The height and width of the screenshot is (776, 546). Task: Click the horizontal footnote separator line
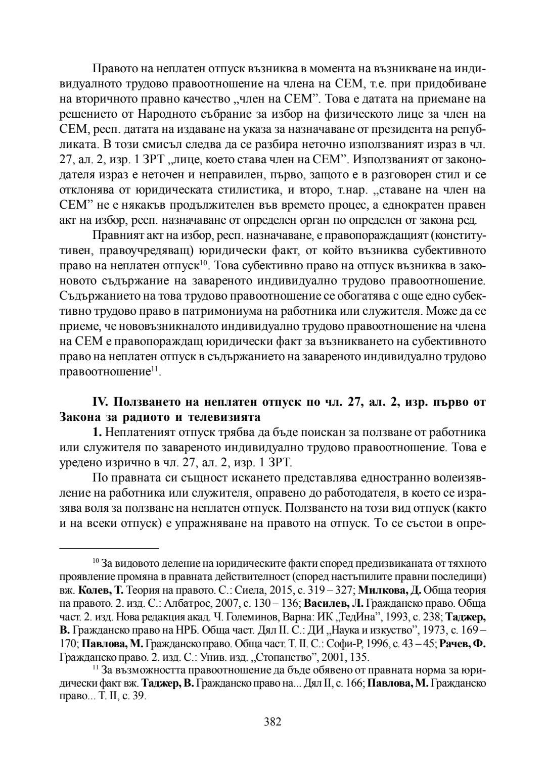tap(109, 548)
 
